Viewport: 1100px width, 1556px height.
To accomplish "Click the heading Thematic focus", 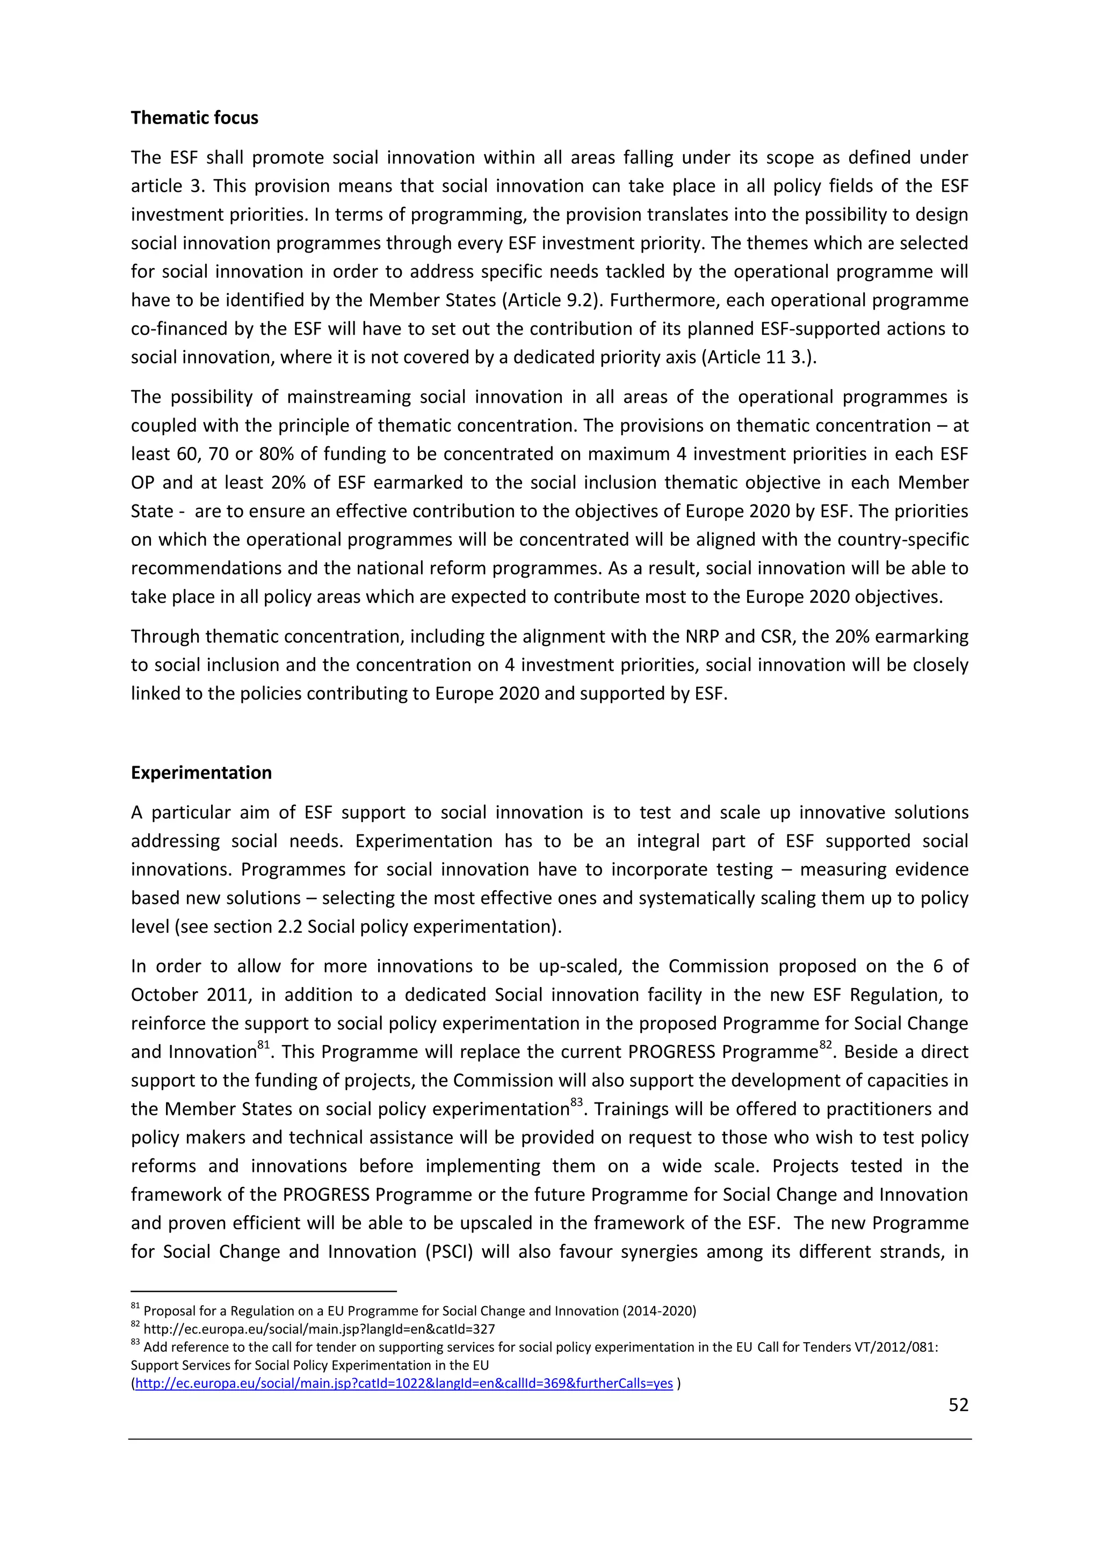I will tap(194, 118).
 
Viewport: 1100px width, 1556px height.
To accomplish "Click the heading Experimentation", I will tap(201, 773).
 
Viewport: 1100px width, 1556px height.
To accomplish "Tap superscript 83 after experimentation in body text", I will tap(576, 1103).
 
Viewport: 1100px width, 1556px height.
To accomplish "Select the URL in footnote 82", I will tap(319, 1330).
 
